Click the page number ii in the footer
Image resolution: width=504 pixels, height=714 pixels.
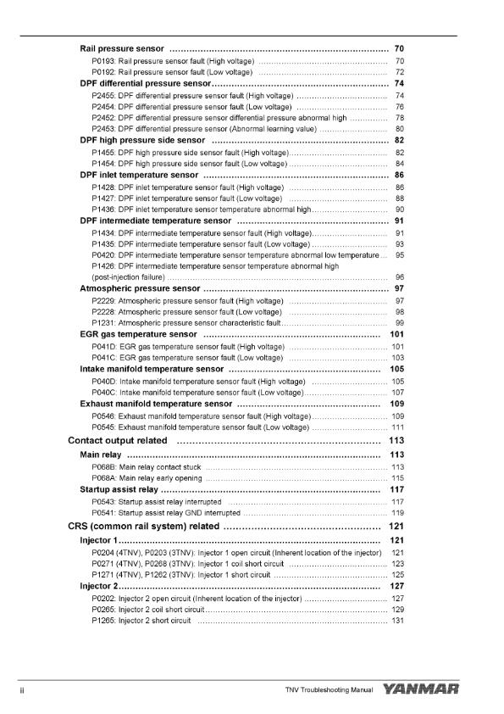tap(21, 692)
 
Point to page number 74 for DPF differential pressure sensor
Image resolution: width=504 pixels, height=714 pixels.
tap(399, 84)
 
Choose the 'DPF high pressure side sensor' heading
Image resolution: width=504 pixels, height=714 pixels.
tap(142, 140)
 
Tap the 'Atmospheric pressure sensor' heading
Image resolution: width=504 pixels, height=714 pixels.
tap(140, 288)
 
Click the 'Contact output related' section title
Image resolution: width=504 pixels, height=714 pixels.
tap(117, 441)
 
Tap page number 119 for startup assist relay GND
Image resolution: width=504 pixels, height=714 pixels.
tap(396, 513)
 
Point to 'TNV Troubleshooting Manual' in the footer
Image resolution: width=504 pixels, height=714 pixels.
tap(329, 692)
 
